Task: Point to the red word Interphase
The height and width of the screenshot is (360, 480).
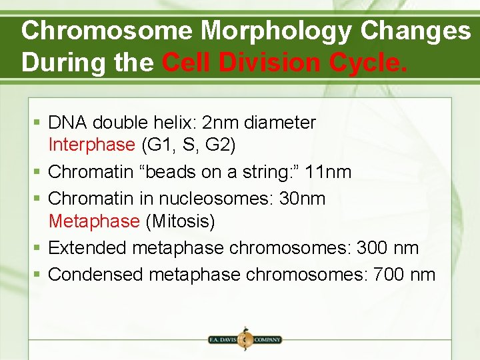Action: [91, 144]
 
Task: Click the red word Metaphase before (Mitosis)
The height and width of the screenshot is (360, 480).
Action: [94, 221]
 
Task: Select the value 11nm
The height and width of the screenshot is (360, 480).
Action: [327, 172]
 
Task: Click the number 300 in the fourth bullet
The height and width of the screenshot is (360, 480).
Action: [377, 248]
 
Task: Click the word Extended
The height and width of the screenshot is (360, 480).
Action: [88, 248]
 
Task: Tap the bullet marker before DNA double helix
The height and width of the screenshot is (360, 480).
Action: [39, 123]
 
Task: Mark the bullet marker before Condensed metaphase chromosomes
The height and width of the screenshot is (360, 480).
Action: [39, 275]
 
